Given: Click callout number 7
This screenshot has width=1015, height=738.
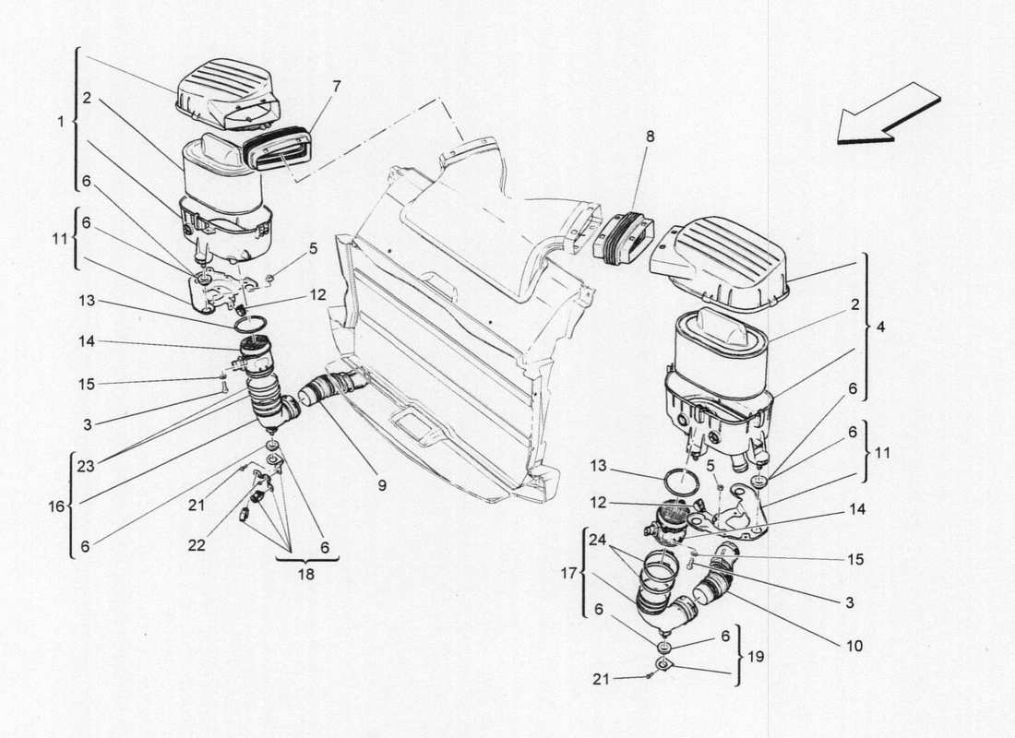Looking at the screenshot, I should [337, 86].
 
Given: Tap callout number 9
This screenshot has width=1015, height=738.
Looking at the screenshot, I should [381, 483].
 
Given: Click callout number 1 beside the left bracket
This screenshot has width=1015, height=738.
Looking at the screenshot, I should [61, 121].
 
